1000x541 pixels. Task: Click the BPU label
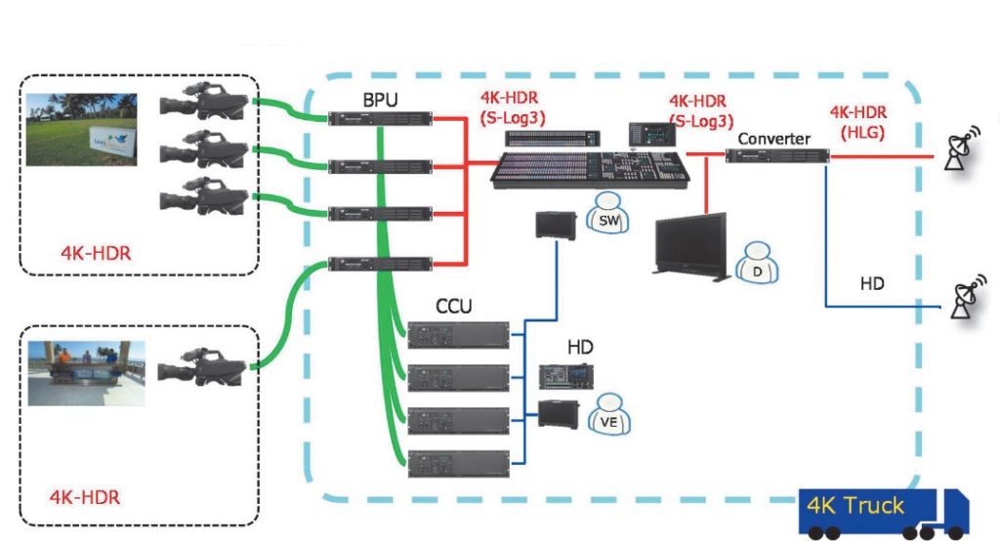coord(380,100)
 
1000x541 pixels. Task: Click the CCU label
coord(453,307)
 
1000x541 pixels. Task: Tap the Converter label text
coord(773,139)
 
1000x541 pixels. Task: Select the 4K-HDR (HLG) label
coord(856,122)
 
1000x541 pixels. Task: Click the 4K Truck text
coord(855,506)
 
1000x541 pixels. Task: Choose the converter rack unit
coord(777,155)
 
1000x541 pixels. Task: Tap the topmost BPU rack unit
coord(380,119)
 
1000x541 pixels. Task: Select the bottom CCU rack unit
coord(460,461)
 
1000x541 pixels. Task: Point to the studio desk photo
coord(86,372)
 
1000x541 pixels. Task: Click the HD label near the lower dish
coord(873,283)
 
